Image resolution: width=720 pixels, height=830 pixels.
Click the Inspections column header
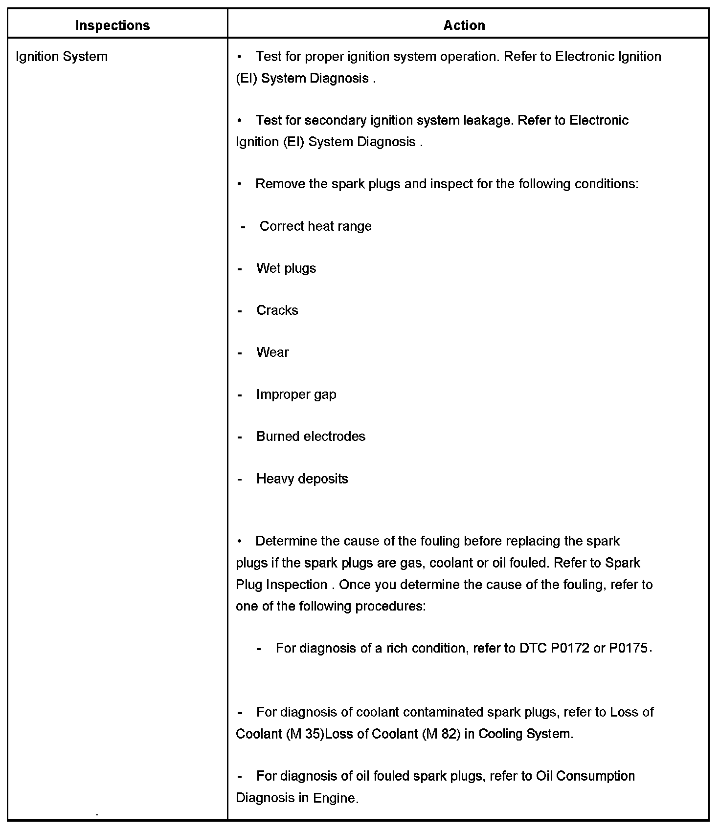click(112, 25)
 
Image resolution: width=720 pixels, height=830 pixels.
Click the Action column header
click(464, 25)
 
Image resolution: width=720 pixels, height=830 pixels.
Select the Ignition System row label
click(62, 57)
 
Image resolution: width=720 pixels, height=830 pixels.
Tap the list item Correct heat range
click(315, 226)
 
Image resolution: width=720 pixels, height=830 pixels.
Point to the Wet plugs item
click(286, 268)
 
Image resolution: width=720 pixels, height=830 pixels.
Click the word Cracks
click(277, 310)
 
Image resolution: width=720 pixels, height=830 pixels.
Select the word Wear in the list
click(272, 352)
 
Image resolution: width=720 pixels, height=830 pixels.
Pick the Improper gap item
click(296, 394)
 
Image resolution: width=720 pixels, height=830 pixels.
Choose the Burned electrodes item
click(311, 437)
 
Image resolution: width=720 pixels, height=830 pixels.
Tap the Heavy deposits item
click(302, 479)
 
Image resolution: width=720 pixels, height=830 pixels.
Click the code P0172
click(570, 648)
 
